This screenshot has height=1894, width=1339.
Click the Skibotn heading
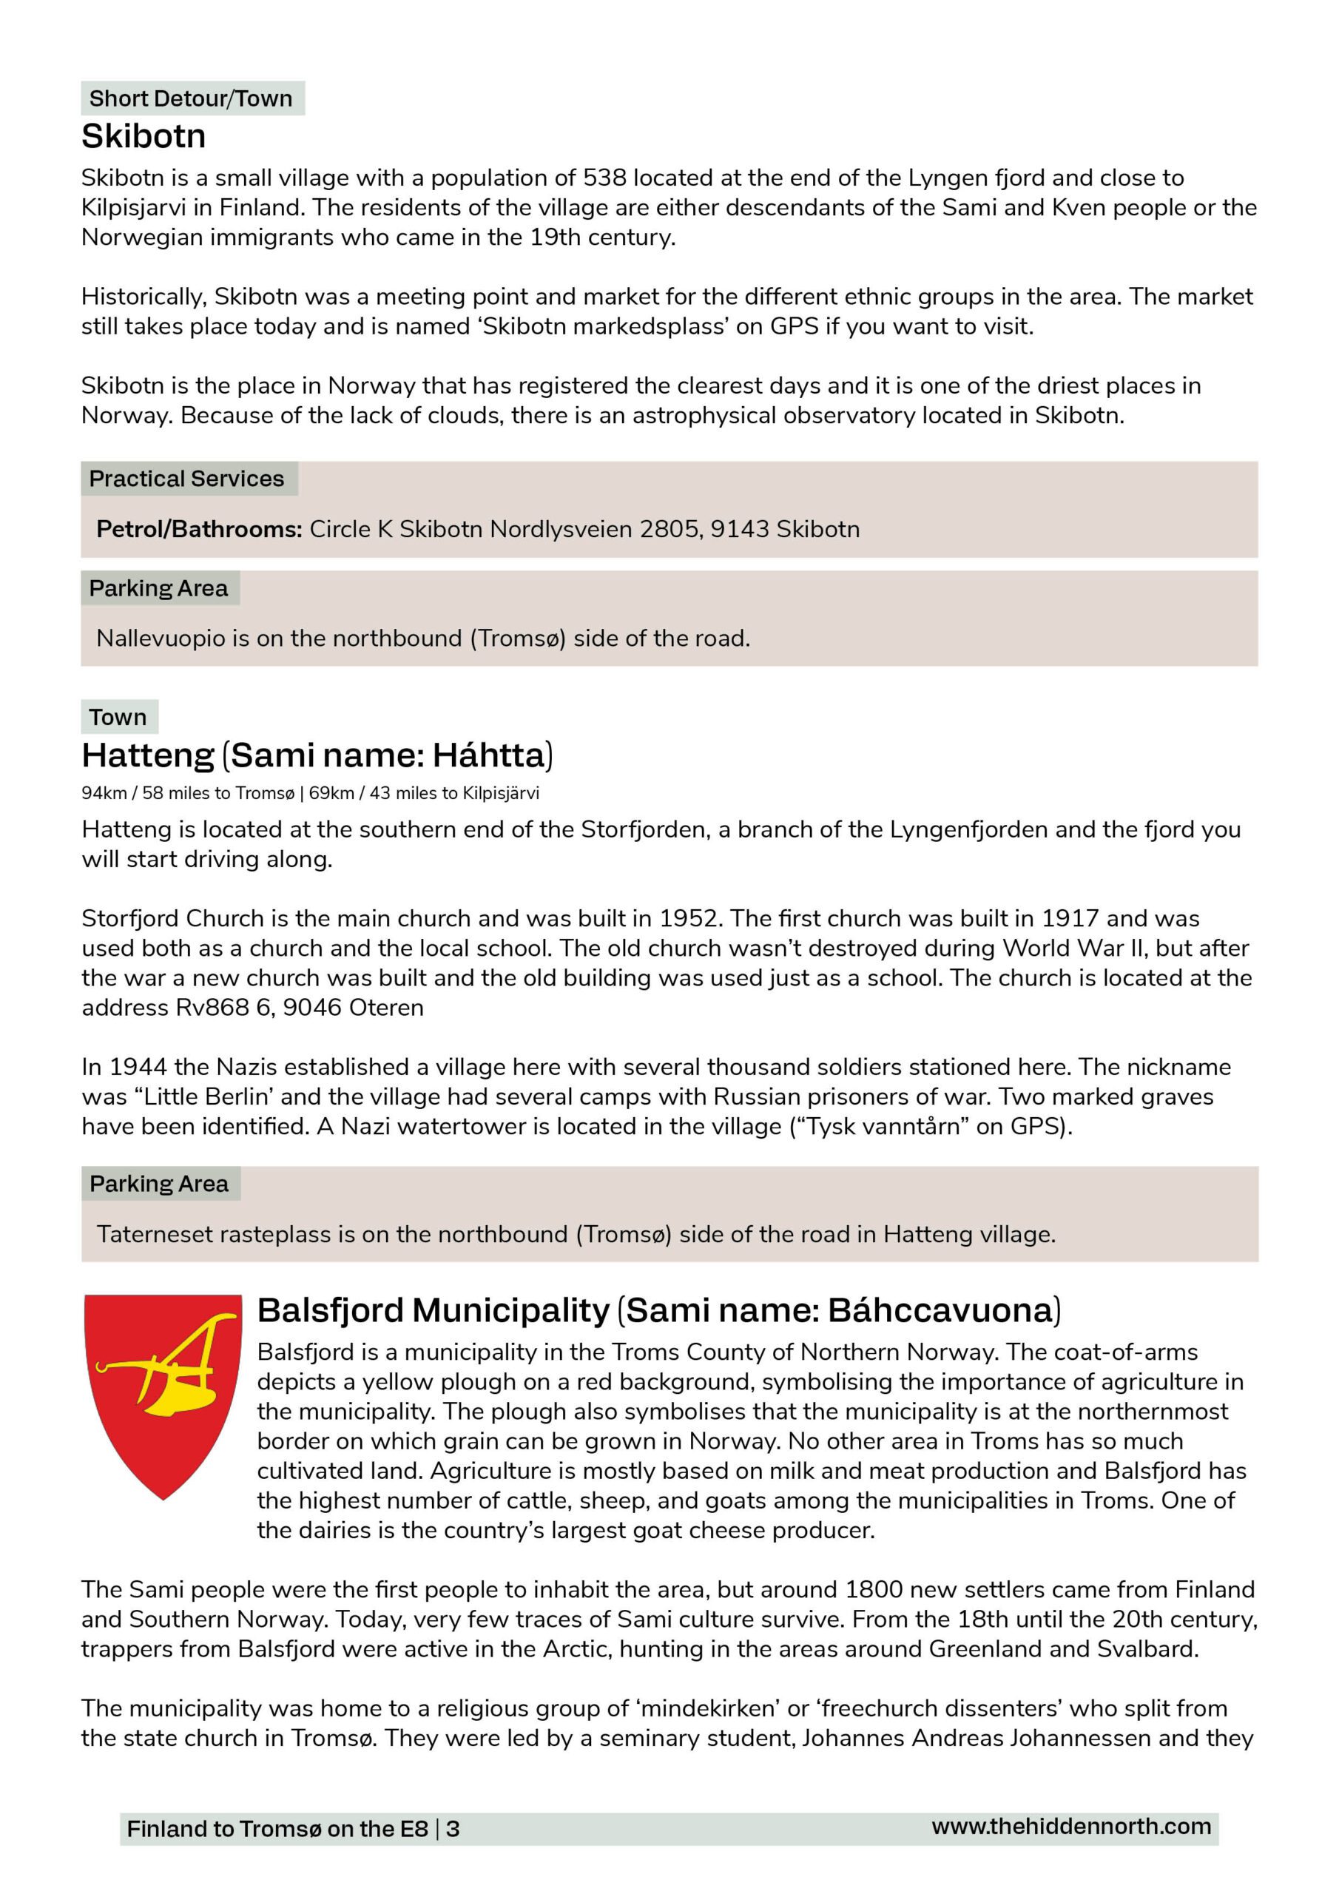point(144,136)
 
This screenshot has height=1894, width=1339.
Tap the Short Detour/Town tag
point(191,98)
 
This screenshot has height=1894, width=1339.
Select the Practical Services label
point(186,479)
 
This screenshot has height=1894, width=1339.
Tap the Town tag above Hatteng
point(118,717)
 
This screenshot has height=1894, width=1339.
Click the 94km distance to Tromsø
point(104,794)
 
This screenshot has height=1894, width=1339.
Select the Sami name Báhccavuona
point(940,1310)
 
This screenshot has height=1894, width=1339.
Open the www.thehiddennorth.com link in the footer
point(1071,1827)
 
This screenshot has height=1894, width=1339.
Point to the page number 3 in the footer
point(453,1829)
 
